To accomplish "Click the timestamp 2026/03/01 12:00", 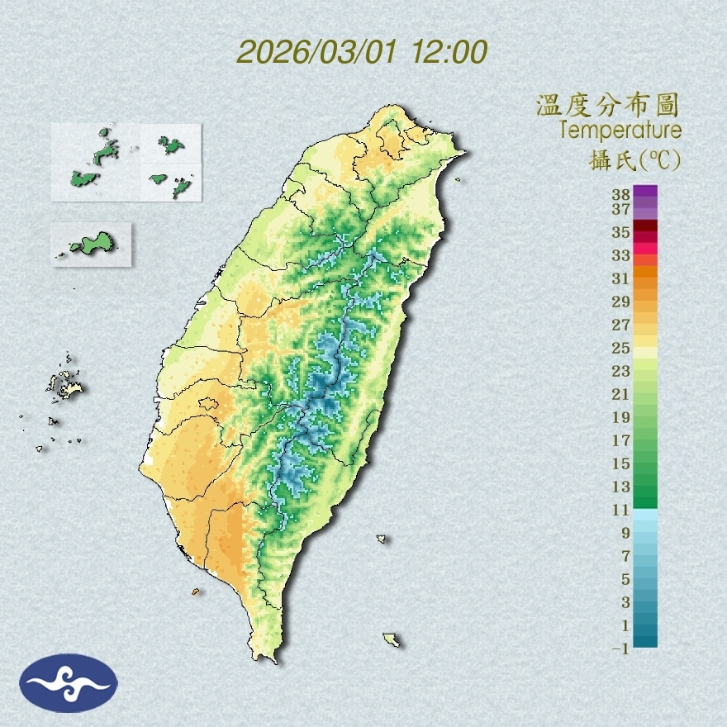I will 362,51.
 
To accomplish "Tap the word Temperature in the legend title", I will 620,131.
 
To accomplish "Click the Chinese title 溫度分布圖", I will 608,105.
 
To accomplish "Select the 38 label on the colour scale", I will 621,195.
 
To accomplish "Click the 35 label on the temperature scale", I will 621,232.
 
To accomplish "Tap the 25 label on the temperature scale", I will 621,348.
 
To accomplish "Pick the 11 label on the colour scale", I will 621,511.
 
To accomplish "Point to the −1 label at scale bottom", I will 620,649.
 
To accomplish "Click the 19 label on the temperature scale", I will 621,417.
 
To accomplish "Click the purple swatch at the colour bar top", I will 645,191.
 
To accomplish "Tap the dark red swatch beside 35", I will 645,226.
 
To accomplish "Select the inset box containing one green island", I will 91,244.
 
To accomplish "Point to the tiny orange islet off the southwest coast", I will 196,592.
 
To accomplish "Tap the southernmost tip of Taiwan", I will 266,659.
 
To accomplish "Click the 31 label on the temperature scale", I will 621,278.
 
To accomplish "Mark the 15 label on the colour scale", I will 621,463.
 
